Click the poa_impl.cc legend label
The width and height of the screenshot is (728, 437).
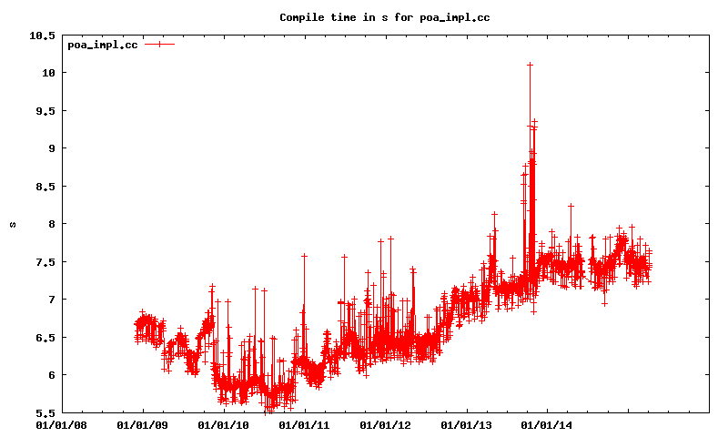click(x=103, y=45)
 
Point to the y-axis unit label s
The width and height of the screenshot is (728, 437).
click(x=13, y=224)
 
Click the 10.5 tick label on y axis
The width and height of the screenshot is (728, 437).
click(x=42, y=36)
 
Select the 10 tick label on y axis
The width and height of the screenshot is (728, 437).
click(x=48, y=73)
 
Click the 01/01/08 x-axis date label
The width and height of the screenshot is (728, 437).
click(x=62, y=424)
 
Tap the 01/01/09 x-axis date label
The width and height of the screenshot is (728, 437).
click(x=143, y=424)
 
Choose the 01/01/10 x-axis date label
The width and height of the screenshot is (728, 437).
click(x=224, y=424)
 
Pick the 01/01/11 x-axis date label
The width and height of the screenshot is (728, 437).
click(x=305, y=424)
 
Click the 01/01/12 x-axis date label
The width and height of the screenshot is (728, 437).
click(x=386, y=424)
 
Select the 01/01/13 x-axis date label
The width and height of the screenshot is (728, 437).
click(x=467, y=424)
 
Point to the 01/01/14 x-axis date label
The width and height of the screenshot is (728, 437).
click(x=548, y=424)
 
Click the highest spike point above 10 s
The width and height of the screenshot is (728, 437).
click(x=530, y=65)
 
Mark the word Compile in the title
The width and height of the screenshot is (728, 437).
click(x=301, y=17)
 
